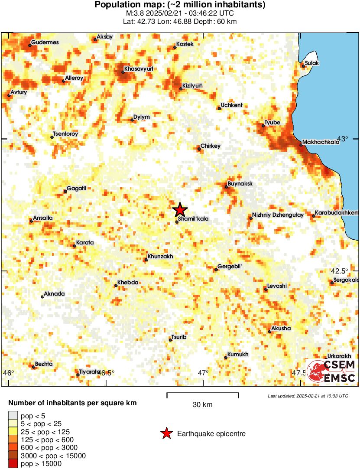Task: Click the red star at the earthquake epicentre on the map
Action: [180, 210]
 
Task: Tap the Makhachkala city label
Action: [321, 142]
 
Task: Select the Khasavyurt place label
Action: [138, 68]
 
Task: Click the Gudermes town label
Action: [45, 42]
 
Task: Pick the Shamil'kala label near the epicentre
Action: [193, 219]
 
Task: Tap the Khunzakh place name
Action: [160, 257]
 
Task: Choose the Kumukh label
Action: [238, 355]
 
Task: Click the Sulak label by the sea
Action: [312, 63]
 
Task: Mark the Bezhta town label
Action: [44, 364]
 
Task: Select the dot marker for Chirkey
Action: [199, 149]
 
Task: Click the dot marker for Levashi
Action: [266, 289]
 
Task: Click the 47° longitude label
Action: [204, 373]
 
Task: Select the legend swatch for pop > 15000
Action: [13, 463]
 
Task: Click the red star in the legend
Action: [166, 433]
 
